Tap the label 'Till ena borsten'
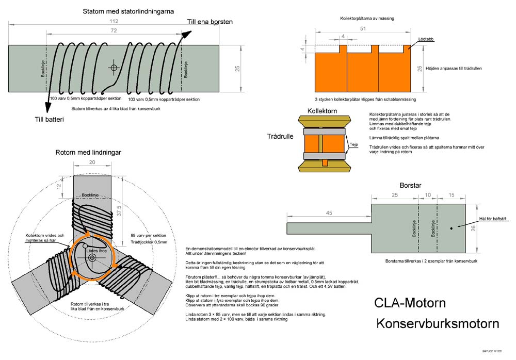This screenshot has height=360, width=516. pos(209,22)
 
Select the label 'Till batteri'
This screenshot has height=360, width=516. pos(49,120)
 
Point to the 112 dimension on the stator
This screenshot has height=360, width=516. pos(114,21)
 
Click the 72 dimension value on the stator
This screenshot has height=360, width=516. pos(113,31)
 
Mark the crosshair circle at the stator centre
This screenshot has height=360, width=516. pos(114,68)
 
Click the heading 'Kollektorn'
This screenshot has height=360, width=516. pos(322,111)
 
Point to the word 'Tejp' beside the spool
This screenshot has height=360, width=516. pos(354,145)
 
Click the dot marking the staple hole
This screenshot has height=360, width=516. pos(451,227)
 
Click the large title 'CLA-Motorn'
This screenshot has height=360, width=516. pos(410,302)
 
